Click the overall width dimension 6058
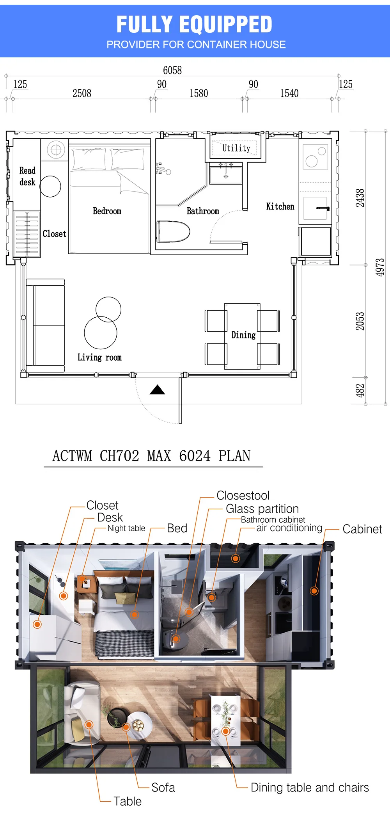(172, 70)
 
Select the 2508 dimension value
(82, 93)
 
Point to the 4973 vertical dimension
(380, 267)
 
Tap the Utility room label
(236, 148)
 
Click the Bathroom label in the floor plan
(203, 211)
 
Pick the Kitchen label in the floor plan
(280, 206)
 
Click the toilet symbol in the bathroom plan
(173, 231)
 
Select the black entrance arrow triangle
(157, 390)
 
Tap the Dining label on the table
(243, 335)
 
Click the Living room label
(99, 358)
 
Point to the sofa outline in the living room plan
(45, 326)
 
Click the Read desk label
(27, 176)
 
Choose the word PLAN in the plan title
(234, 456)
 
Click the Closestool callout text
(243, 495)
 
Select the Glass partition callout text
(262, 509)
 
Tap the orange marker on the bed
(135, 615)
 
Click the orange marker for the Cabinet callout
(314, 591)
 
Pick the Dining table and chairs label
(310, 788)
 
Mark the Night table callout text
(126, 528)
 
